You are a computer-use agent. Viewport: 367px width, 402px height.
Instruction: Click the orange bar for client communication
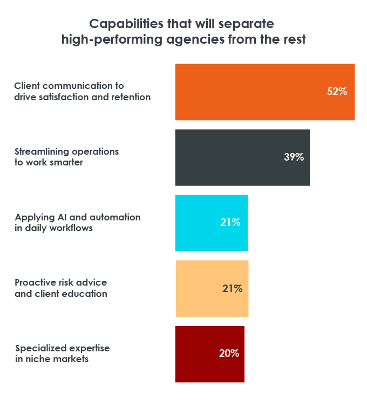click(264, 92)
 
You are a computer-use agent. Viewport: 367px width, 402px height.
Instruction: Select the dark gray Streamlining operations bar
click(242, 157)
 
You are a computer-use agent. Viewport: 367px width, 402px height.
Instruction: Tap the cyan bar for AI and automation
click(211, 223)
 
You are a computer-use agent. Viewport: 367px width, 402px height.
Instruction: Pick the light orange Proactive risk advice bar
click(212, 288)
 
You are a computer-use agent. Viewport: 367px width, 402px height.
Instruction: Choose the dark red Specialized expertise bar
click(209, 354)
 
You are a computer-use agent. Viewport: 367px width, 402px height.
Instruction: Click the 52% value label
click(337, 92)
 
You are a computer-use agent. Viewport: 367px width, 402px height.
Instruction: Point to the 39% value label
click(294, 157)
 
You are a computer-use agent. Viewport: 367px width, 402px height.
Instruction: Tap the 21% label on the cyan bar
click(230, 223)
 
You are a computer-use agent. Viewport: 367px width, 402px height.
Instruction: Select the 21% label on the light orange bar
click(232, 288)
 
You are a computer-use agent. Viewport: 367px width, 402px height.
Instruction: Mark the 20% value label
click(229, 354)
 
